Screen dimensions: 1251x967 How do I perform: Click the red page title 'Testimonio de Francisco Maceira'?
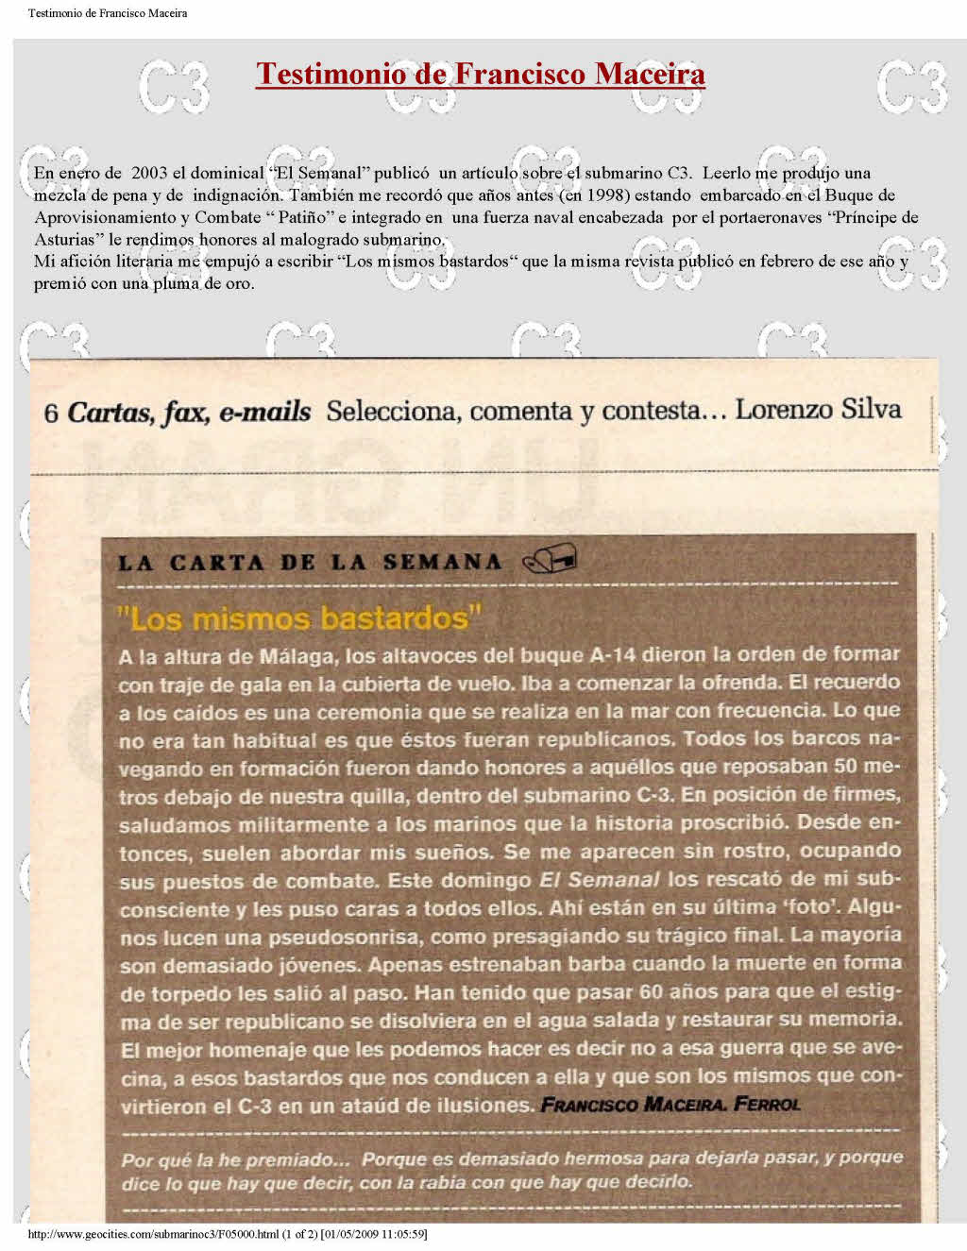tap(480, 74)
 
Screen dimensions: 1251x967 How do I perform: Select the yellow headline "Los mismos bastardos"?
tap(298, 618)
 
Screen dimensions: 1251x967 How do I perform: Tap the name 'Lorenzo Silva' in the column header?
tap(818, 410)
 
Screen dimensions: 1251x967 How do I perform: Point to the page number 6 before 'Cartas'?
tap(51, 413)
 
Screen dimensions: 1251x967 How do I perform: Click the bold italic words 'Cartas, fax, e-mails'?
tap(189, 412)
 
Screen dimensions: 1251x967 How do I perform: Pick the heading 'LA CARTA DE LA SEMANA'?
tap(310, 563)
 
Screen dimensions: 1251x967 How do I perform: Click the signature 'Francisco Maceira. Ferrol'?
tap(670, 1104)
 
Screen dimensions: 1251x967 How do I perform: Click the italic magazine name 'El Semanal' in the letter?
tap(599, 880)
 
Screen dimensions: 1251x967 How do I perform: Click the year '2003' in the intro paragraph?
tap(149, 174)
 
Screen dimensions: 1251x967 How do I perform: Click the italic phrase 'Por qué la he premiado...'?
tap(236, 1159)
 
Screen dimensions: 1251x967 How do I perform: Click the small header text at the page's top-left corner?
tap(107, 13)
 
